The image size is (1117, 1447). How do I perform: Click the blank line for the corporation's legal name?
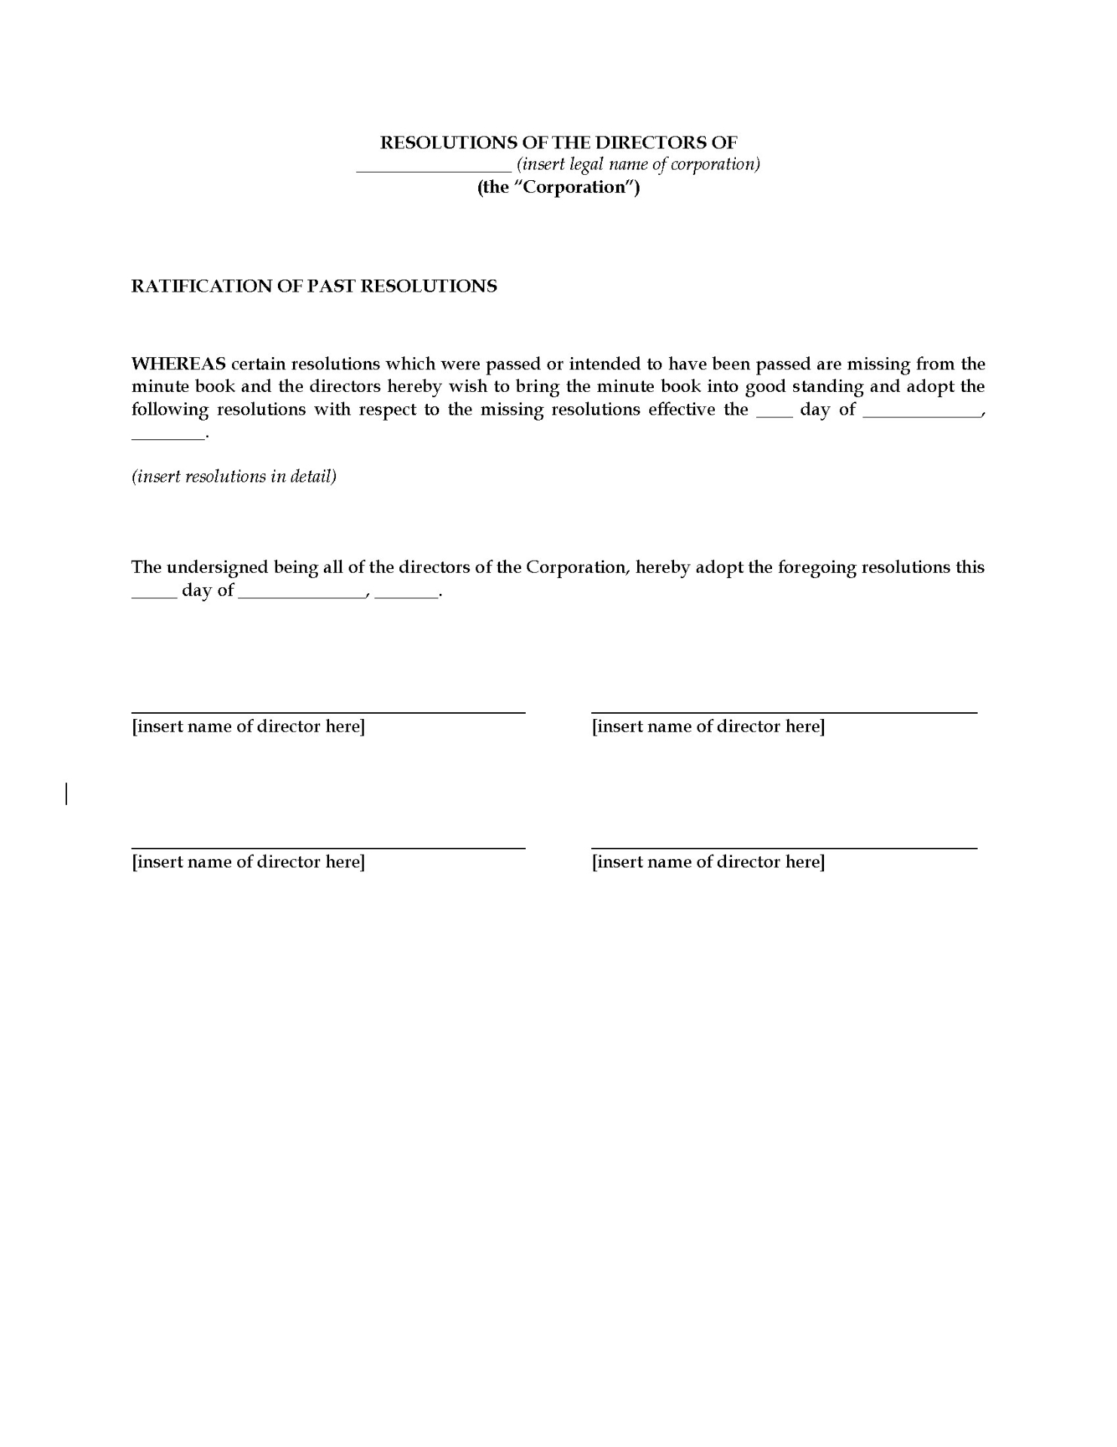[433, 170]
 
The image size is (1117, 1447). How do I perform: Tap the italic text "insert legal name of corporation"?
[639, 164]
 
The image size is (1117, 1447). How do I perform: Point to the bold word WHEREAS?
[179, 364]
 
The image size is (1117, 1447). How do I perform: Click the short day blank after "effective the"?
[774, 415]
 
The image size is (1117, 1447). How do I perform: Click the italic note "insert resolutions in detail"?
[234, 476]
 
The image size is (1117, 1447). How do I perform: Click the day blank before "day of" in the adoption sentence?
[154, 595]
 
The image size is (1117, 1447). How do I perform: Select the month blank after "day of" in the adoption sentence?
[302, 595]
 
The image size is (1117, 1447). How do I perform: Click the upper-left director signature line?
[328, 711]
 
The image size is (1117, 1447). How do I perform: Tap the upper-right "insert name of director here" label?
[708, 727]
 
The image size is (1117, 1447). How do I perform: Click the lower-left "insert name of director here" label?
[249, 862]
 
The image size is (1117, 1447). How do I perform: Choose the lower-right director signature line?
[784, 848]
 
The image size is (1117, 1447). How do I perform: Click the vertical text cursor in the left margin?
[66, 794]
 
